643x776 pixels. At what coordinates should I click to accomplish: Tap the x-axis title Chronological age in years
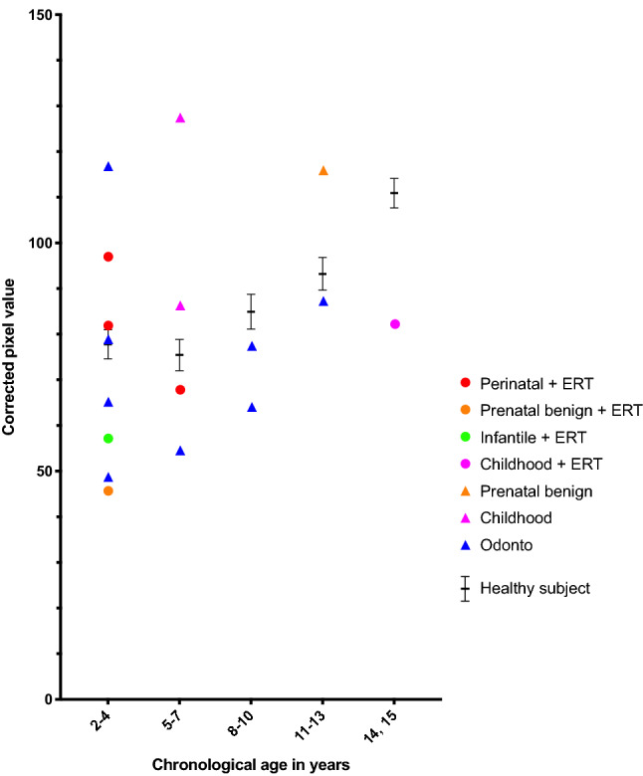pyautogui.click(x=251, y=765)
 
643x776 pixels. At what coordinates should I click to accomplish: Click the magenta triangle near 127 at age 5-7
pyautogui.click(x=180, y=117)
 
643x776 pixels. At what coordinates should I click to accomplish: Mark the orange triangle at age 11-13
pyautogui.click(x=323, y=170)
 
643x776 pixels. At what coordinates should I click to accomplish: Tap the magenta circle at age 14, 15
pyautogui.click(x=395, y=324)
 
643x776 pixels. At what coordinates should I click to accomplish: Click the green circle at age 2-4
pyautogui.click(x=108, y=439)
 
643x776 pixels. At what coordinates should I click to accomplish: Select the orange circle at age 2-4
pyautogui.click(x=108, y=490)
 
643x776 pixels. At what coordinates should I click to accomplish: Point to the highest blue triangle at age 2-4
pyautogui.click(x=108, y=166)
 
